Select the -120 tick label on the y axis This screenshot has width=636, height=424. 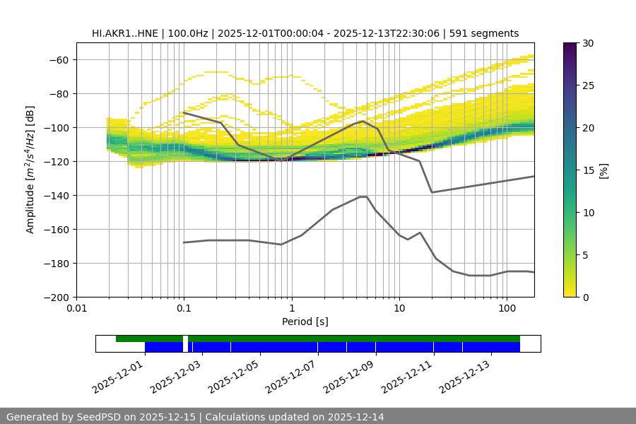click(59, 161)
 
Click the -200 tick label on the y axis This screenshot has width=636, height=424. click(59, 297)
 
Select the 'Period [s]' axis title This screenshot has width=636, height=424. click(305, 322)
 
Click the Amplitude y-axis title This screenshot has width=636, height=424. click(30, 170)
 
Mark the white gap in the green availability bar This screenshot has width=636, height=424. click(185, 338)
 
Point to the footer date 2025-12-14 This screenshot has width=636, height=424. click(358, 417)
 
